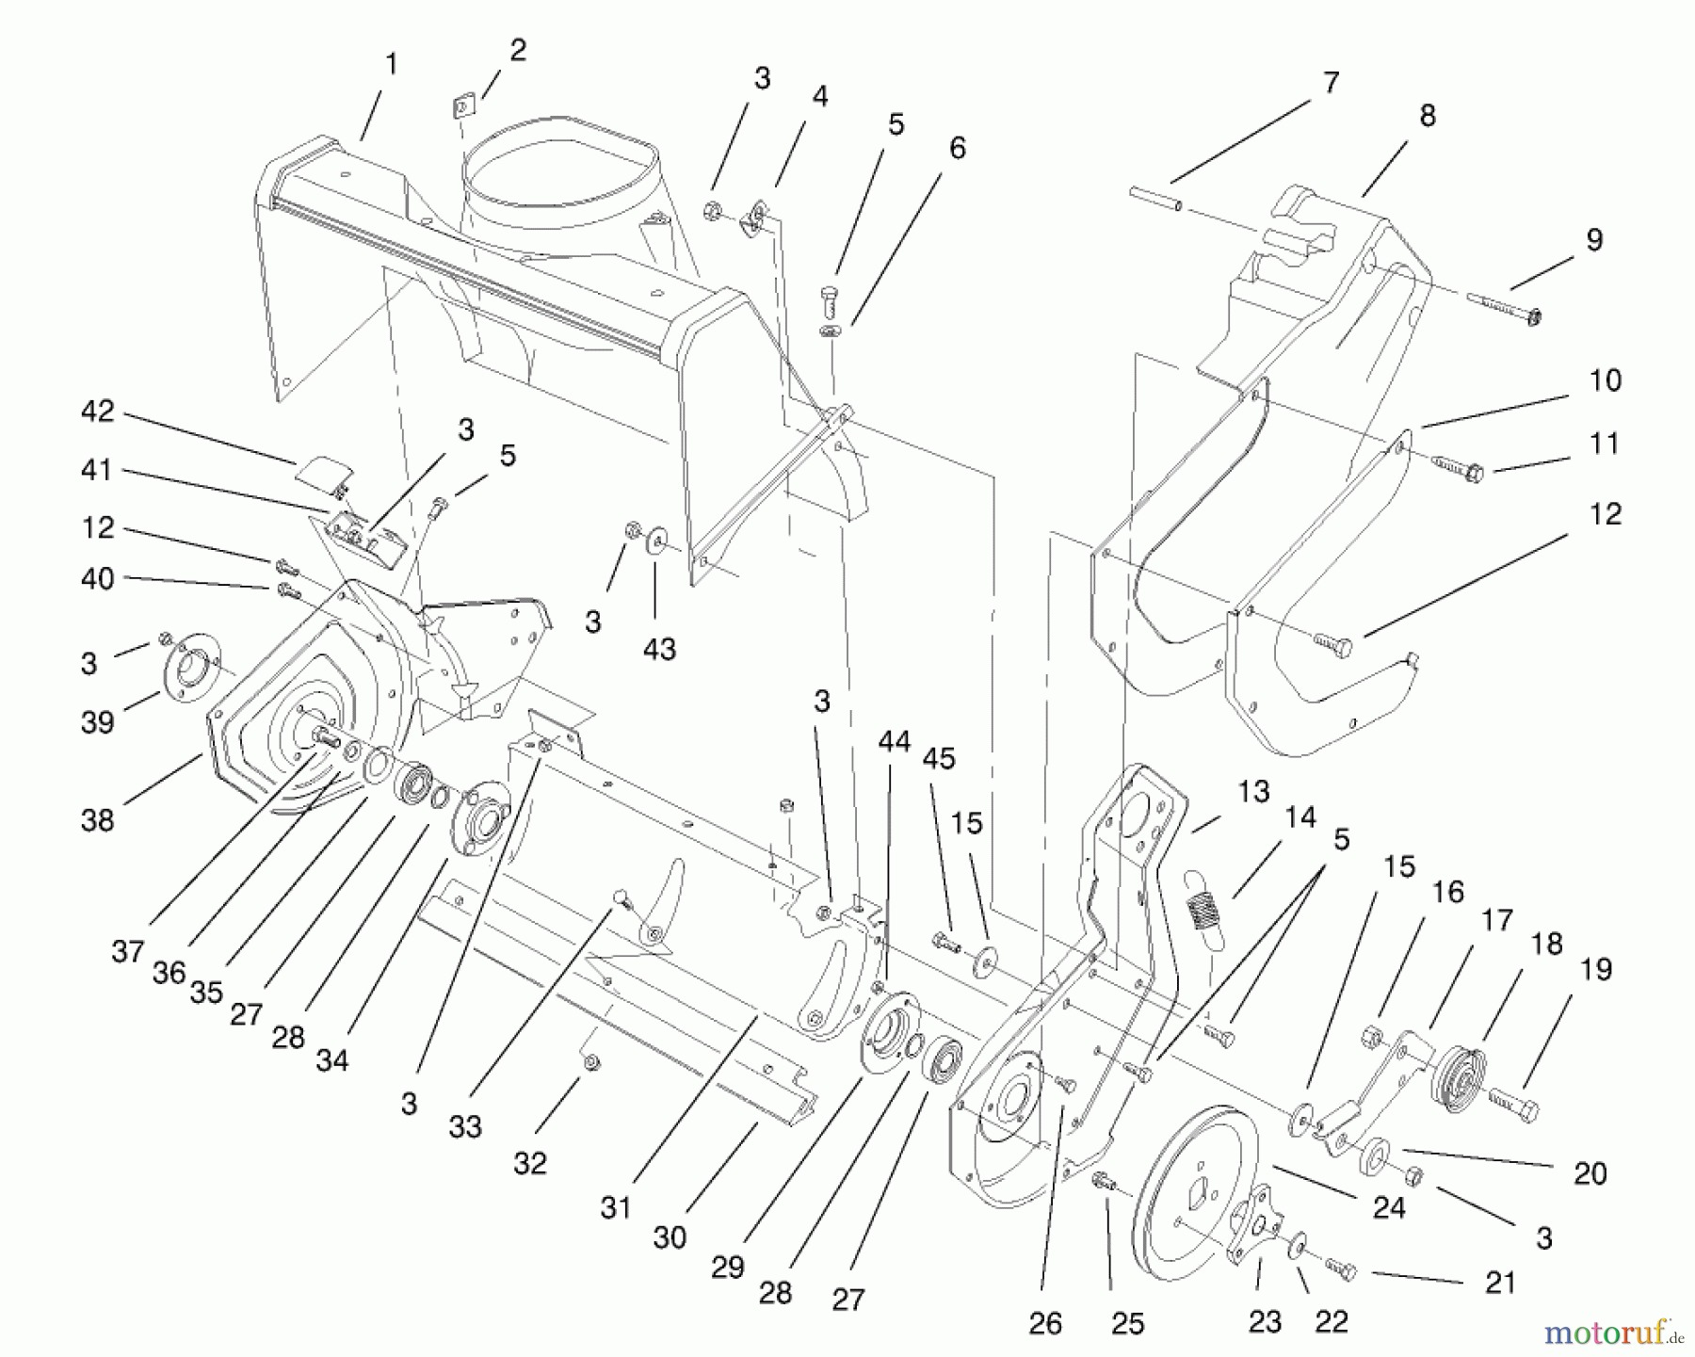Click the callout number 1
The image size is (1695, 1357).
[x=392, y=65]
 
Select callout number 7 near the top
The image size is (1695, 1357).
[x=1331, y=84]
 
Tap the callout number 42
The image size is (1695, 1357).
[x=98, y=412]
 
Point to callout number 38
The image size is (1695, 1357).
[x=98, y=820]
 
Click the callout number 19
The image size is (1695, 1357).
[x=1596, y=970]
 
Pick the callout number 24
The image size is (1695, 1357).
[x=1389, y=1207]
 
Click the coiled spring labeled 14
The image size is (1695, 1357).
[x=1199, y=909]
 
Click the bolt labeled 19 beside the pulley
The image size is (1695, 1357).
[x=1514, y=1104]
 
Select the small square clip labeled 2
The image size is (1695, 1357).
[x=461, y=109]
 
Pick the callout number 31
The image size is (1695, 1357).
[x=616, y=1207]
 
